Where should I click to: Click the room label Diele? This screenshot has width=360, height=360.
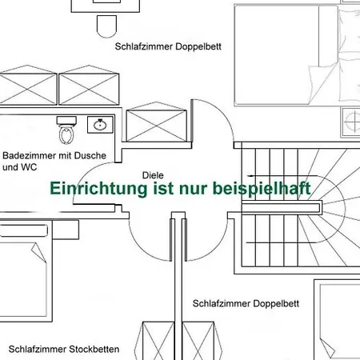coord(153,175)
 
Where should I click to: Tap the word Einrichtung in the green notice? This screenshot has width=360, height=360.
coord(98,189)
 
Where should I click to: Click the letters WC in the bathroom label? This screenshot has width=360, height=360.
coord(29,167)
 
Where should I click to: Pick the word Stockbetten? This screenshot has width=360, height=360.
coord(94,349)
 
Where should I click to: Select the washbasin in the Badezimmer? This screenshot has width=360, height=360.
coord(100,125)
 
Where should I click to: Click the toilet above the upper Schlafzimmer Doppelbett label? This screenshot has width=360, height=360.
coord(106,26)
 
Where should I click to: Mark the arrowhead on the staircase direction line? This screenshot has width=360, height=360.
coord(250,176)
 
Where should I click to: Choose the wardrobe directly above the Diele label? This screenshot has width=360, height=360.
coord(156,122)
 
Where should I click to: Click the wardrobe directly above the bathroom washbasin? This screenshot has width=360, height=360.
coord(89,86)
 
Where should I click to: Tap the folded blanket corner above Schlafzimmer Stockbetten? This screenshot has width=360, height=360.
coord(39,253)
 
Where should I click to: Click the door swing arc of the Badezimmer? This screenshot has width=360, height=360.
coord(86,174)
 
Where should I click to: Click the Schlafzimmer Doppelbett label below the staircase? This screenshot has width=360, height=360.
coord(246,303)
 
